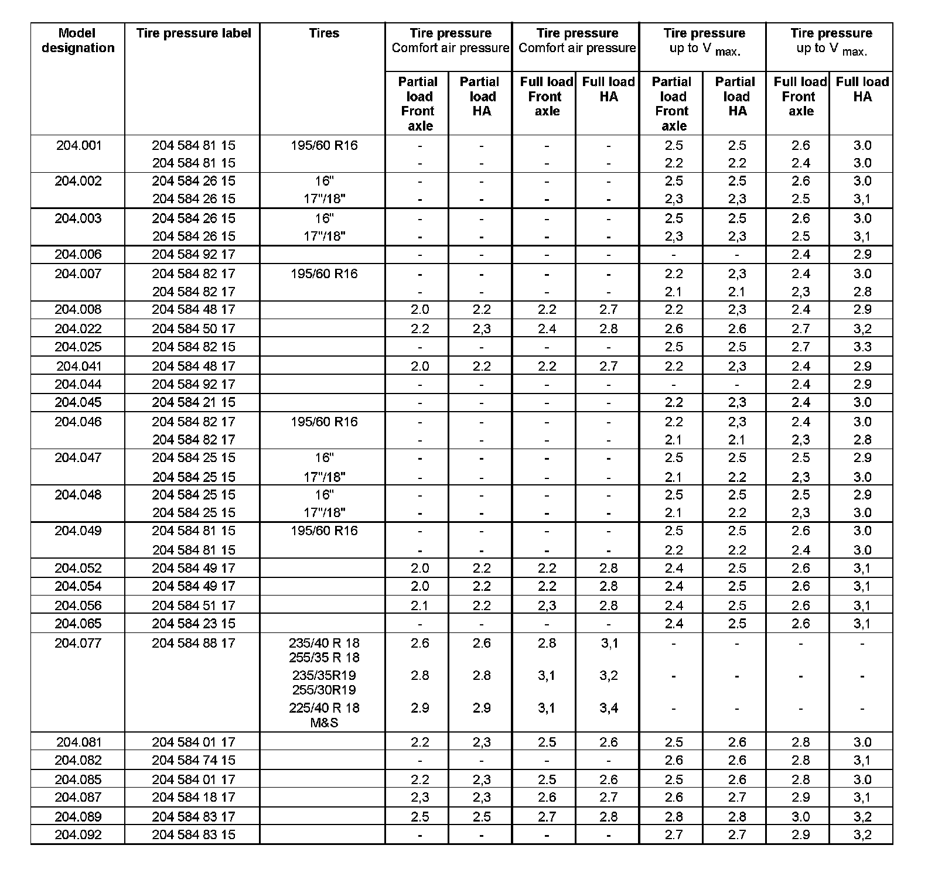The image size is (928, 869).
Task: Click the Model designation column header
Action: pyautogui.click(x=78, y=40)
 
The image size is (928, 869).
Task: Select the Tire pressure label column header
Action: pyautogui.click(x=193, y=33)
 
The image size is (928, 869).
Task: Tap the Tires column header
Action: pyautogui.click(x=324, y=33)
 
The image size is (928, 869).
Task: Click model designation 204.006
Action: pyautogui.click(x=78, y=254)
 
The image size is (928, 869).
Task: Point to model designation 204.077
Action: pyautogui.click(x=78, y=643)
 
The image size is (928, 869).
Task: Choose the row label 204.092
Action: pyautogui.click(x=78, y=834)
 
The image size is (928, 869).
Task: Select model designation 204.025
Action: pyautogui.click(x=78, y=347)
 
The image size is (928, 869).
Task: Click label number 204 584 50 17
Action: pyautogui.click(x=193, y=329)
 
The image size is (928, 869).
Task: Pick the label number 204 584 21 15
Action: pyautogui.click(x=193, y=402)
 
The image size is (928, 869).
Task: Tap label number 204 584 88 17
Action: pyautogui.click(x=193, y=643)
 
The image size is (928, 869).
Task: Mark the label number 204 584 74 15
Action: pyautogui.click(x=193, y=760)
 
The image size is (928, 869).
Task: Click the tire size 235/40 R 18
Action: pyautogui.click(x=324, y=643)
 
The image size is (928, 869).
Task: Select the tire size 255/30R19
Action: pyautogui.click(x=324, y=690)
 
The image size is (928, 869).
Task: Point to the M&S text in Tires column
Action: pyautogui.click(x=324, y=723)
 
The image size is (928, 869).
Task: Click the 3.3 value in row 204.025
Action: pyautogui.click(x=862, y=347)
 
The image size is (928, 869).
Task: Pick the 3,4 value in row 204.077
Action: pyautogui.click(x=609, y=708)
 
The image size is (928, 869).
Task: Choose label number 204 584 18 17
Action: pyautogui.click(x=193, y=797)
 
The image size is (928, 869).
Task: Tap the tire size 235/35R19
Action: pyautogui.click(x=324, y=675)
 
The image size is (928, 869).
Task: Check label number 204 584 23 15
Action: pyautogui.click(x=193, y=624)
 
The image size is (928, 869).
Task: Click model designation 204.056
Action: pyautogui.click(x=78, y=605)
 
